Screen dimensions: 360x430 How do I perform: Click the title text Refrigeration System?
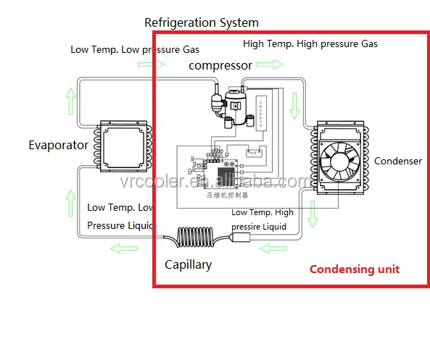click(201, 23)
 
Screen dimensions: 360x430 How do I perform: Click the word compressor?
click(220, 65)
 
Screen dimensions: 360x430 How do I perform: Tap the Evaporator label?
click(58, 145)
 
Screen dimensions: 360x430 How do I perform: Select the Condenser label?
click(397, 161)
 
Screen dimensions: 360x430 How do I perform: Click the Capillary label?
click(188, 264)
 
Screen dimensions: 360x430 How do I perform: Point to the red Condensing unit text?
click(354, 269)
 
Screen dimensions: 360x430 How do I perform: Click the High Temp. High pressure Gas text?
click(310, 43)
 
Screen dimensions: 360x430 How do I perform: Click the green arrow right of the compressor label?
click(269, 65)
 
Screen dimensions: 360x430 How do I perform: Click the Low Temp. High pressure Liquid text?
click(262, 219)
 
